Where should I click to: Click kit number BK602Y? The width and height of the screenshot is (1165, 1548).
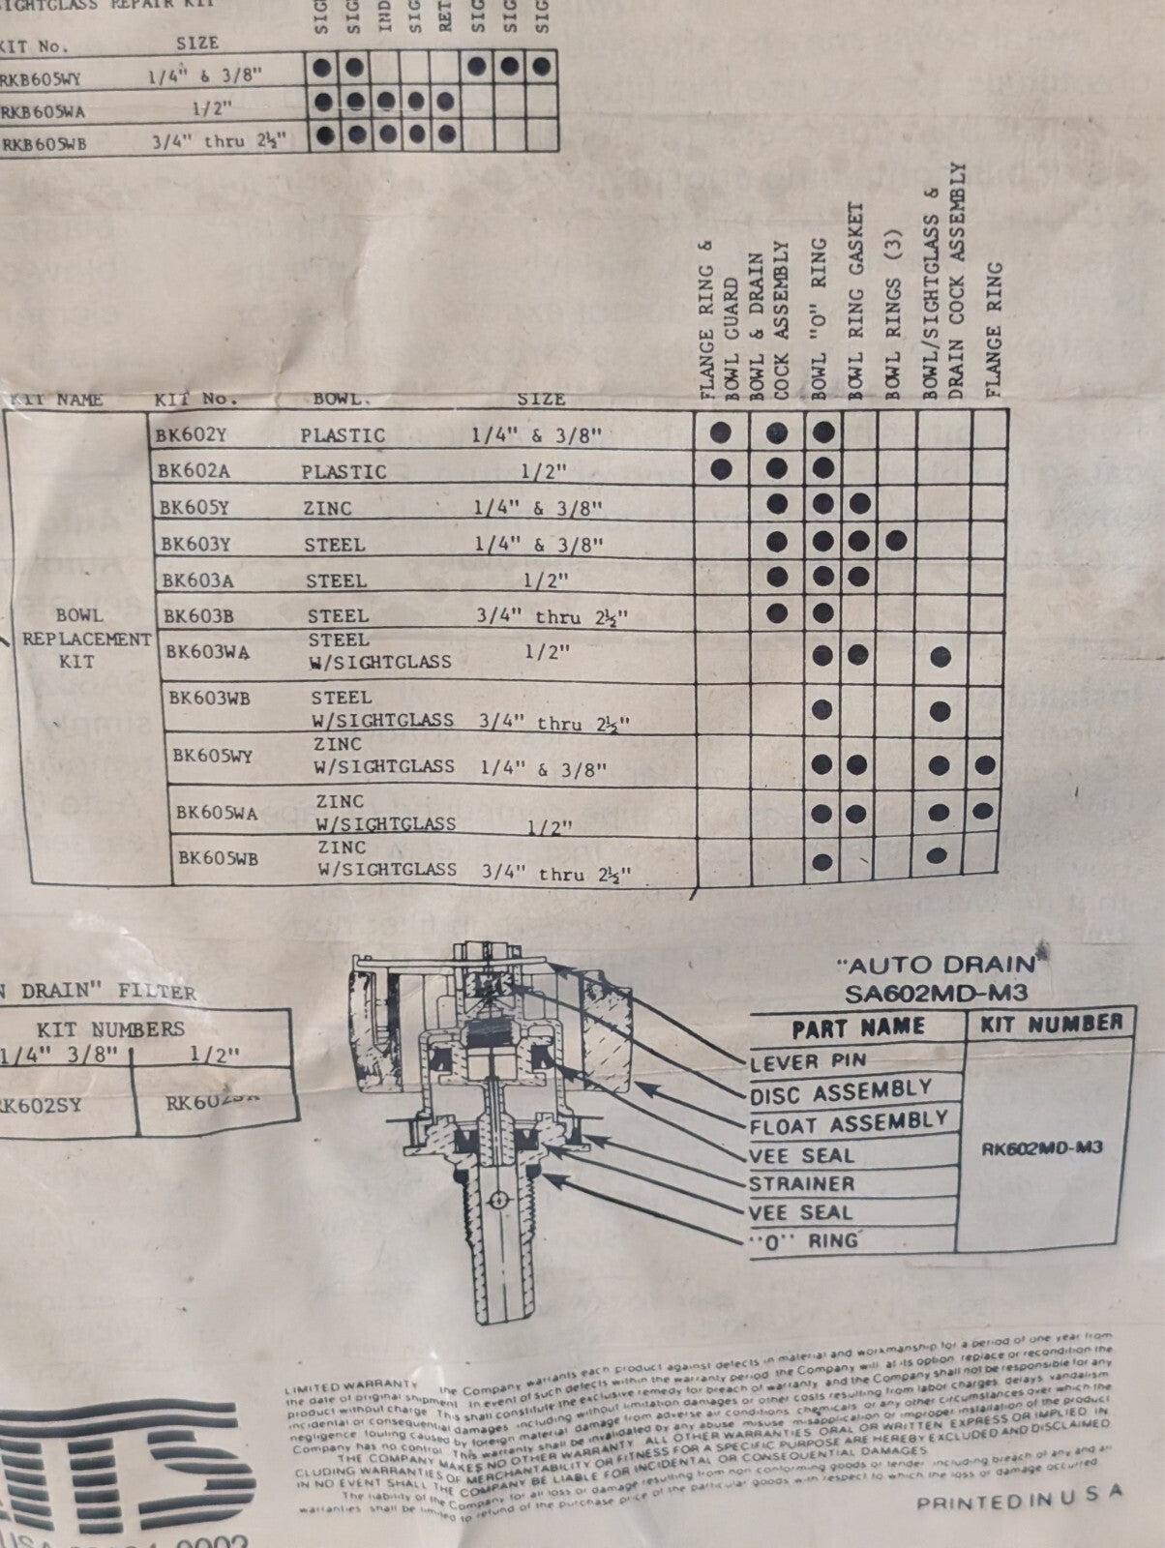pos(191,435)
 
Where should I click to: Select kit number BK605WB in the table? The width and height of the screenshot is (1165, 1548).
pos(218,857)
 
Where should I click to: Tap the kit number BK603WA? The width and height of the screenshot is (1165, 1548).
pos(207,652)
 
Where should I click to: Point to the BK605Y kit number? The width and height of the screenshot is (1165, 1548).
pos(194,506)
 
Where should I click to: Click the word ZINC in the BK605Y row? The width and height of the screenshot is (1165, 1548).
pos(327,508)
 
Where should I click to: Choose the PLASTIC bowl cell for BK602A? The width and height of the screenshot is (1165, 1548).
pos(343,472)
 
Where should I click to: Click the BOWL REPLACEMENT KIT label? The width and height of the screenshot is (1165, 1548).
pos(86,639)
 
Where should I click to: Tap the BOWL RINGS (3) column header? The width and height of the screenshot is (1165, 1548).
pos(893,314)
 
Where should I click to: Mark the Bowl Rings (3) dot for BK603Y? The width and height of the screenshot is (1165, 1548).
pos(896,540)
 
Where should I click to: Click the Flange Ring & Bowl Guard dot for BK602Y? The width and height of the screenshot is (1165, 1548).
pos(720,432)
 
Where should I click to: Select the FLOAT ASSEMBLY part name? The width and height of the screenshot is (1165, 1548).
pos(848,1123)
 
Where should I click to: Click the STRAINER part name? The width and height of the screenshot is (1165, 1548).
pos(801,1184)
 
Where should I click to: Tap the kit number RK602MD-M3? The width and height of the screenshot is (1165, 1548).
pos(1042,1148)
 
